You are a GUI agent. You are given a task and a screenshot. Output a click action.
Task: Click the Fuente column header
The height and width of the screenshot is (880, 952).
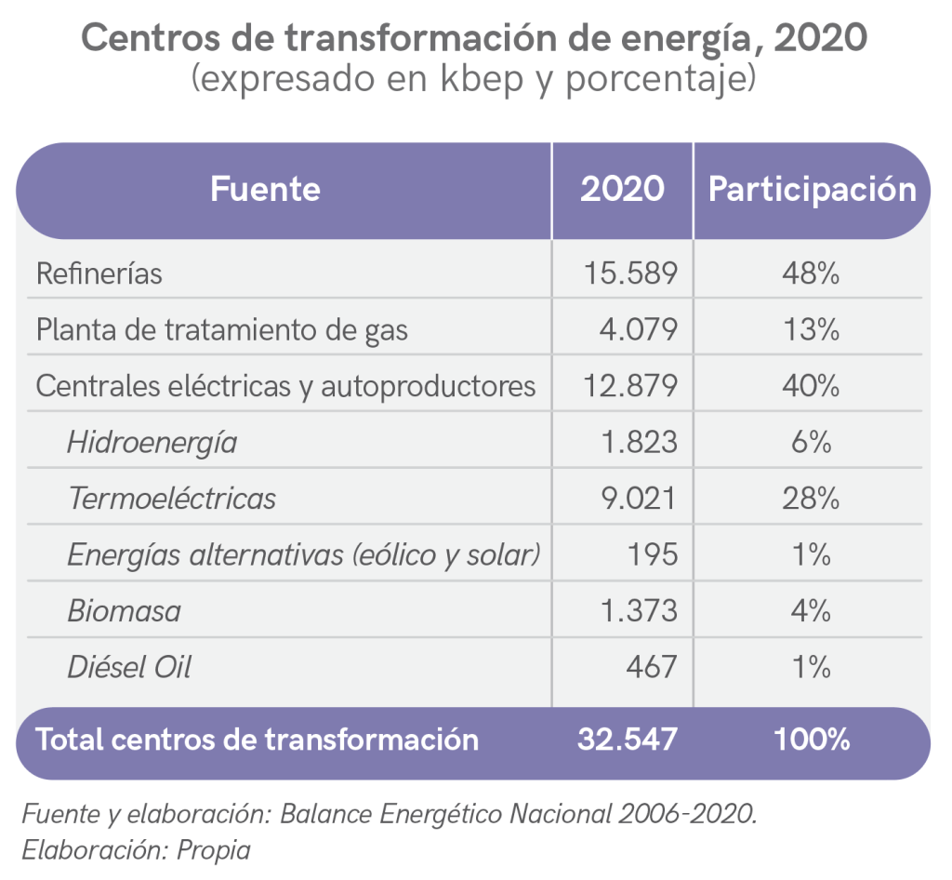click(265, 189)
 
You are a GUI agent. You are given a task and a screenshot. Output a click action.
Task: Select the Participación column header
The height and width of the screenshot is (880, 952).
click(812, 189)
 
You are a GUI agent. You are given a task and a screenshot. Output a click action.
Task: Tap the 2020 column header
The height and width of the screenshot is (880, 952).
click(622, 189)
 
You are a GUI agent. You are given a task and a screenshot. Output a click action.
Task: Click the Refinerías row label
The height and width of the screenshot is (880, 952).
click(99, 273)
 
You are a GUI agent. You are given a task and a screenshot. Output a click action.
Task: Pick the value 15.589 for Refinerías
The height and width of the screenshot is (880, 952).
click(630, 273)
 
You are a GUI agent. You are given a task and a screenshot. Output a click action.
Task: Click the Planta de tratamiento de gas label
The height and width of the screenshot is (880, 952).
click(221, 329)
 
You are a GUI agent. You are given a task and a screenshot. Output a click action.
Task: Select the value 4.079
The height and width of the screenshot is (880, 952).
click(638, 329)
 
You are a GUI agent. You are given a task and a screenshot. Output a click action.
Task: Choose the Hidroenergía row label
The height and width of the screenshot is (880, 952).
click(152, 443)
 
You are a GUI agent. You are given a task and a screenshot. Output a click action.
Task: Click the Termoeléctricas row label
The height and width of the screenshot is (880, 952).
click(172, 499)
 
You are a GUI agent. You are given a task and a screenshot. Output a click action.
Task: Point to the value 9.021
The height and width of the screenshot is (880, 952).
click(638, 499)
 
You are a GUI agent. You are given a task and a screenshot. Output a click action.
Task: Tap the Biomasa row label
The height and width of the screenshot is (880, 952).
click(124, 611)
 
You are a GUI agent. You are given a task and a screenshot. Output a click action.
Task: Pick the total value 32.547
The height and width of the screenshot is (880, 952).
click(627, 740)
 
